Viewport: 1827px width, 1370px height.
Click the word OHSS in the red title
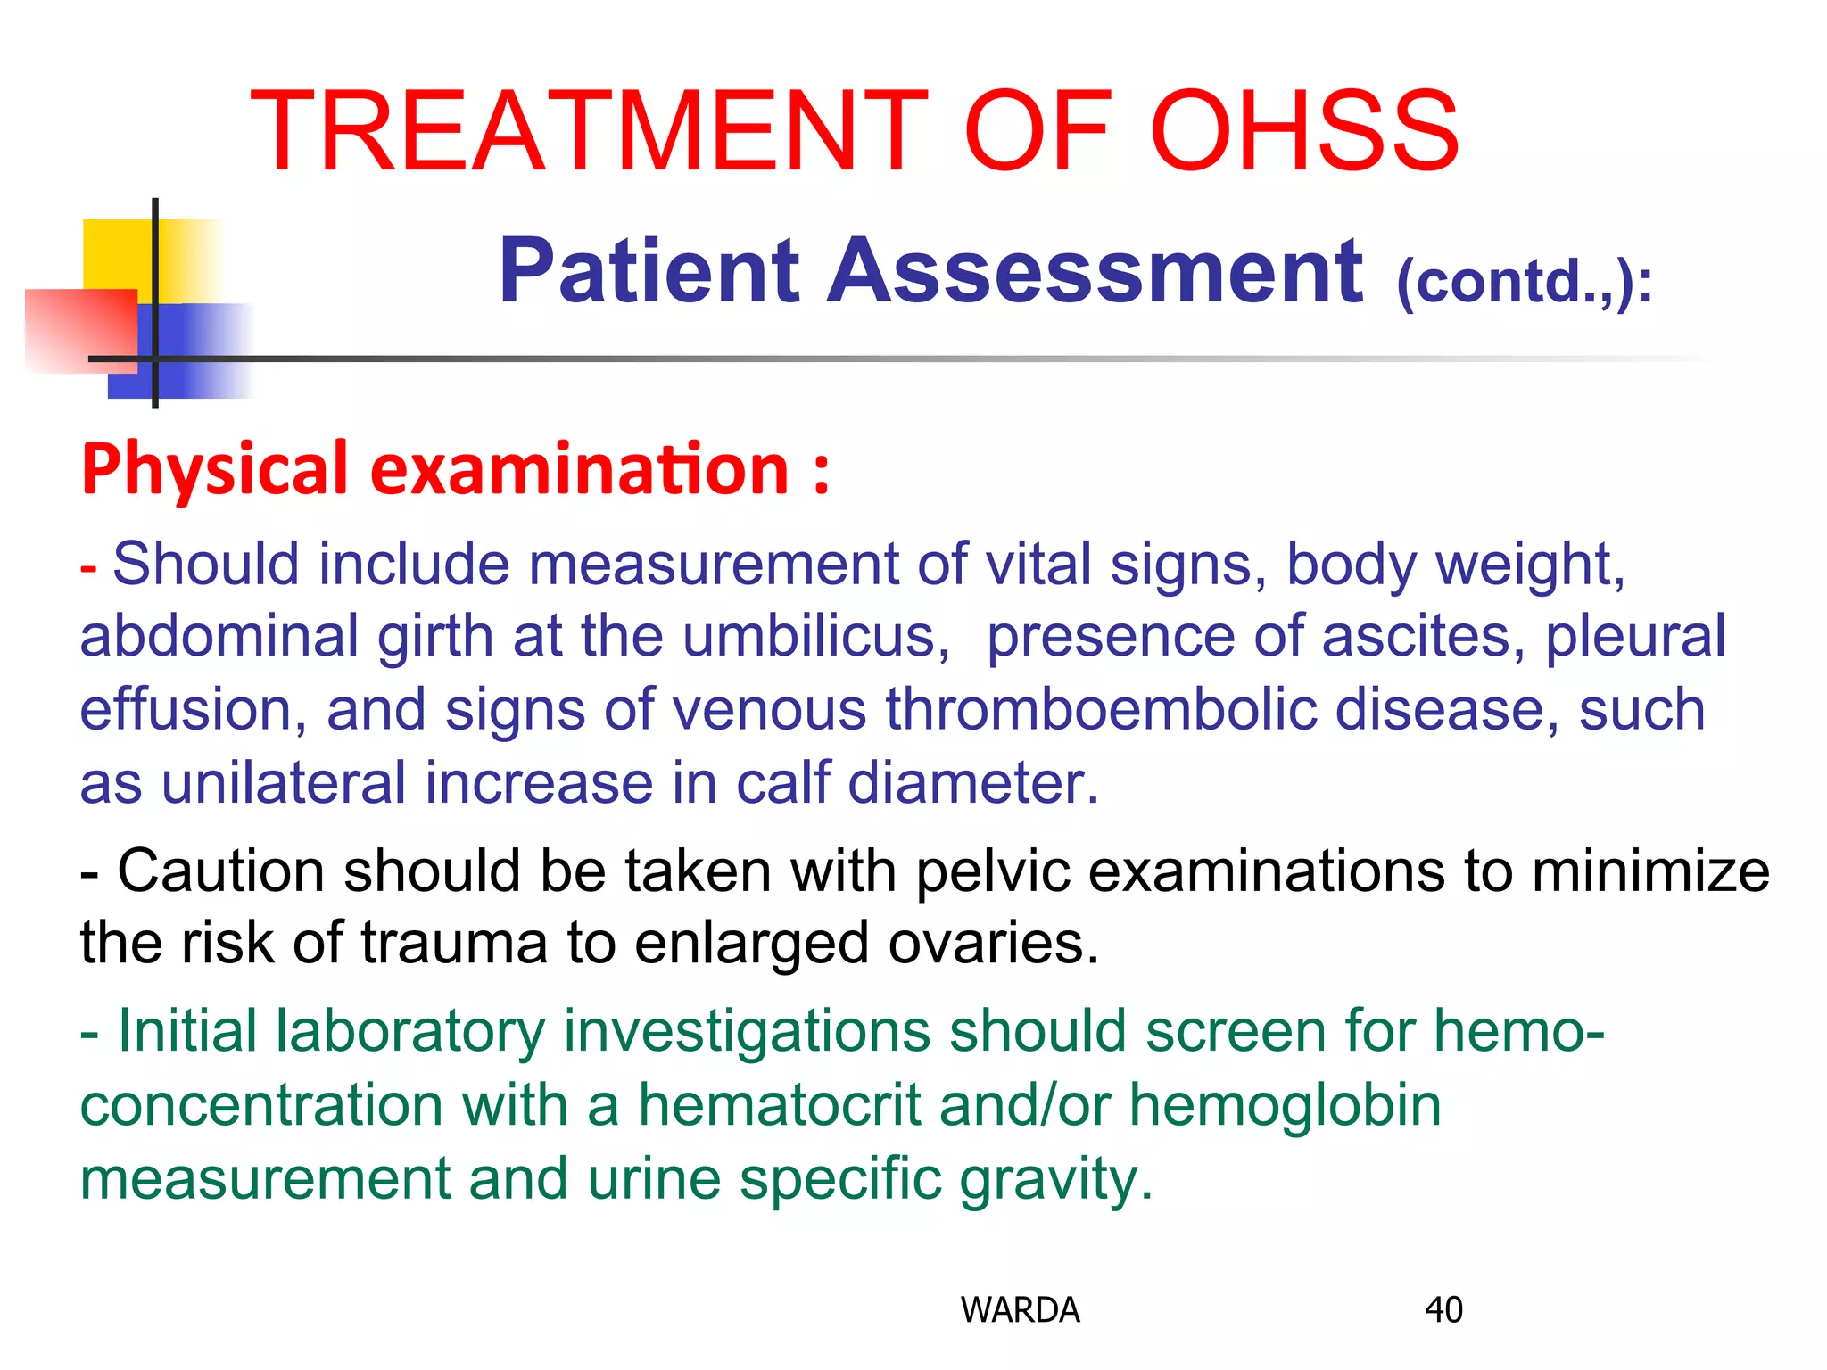[x=1304, y=132]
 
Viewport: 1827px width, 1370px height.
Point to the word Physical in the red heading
[x=214, y=469]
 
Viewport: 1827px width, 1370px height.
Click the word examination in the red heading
[x=579, y=469]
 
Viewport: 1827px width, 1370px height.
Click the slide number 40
[x=1443, y=1309]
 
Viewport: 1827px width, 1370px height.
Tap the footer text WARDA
[x=1020, y=1309]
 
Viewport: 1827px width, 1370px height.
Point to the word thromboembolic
[x=1101, y=710]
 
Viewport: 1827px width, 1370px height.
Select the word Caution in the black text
[x=220, y=871]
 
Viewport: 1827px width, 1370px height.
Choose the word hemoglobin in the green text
[x=1285, y=1105]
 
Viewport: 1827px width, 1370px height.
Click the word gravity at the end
[x=1056, y=1179]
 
